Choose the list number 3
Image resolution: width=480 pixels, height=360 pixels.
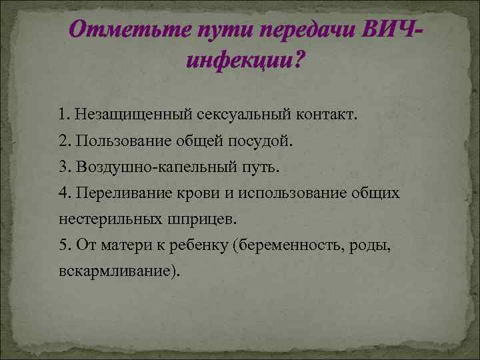pyautogui.click(x=63, y=166)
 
